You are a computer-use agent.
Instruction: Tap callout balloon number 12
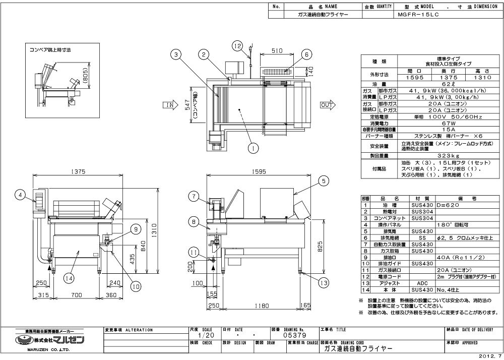click(x=237, y=45)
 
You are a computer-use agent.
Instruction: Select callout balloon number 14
click(x=69, y=277)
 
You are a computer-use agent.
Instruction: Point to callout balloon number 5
click(x=323, y=179)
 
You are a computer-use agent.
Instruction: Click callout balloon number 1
click(x=253, y=148)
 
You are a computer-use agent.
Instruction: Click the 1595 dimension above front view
click(x=258, y=171)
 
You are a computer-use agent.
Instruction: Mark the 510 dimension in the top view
click(x=276, y=50)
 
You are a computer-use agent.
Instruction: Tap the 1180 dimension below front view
click(x=260, y=306)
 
